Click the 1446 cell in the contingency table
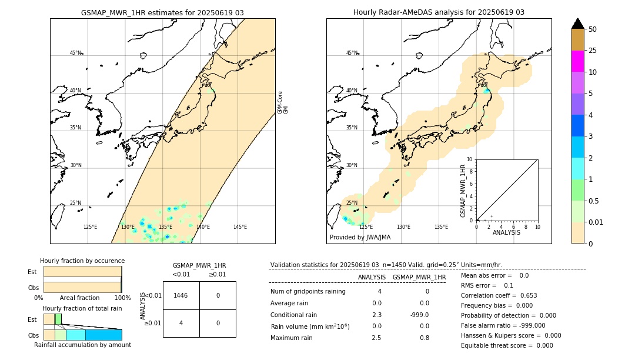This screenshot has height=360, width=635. click(x=181, y=295)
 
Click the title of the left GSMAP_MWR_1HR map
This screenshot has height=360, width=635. click(x=162, y=12)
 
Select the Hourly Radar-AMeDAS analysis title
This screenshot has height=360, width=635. click(x=439, y=12)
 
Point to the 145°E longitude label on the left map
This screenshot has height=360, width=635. click(x=240, y=227)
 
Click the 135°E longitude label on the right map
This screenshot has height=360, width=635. click(x=441, y=227)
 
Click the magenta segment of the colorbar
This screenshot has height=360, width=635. click(x=577, y=61)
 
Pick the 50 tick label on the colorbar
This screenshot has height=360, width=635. click(x=593, y=29)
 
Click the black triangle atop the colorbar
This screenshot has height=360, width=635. click(x=577, y=24)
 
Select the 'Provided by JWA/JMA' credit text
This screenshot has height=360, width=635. click(x=360, y=238)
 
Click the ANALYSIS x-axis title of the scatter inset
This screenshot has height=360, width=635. click(x=506, y=233)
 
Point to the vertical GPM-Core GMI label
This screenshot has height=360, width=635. click(x=283, y=102)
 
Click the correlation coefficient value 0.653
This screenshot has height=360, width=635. click(x=524, y=295)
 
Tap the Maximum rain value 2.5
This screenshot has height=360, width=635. click(x=377, y=338)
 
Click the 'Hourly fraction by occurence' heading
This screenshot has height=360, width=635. click(x=82, y=261)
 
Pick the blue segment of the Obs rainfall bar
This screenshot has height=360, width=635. click(x=103, y=335)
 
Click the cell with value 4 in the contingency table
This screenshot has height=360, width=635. click(x=181, y=323)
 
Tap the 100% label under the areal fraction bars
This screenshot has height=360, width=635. click(x=122, y=298)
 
